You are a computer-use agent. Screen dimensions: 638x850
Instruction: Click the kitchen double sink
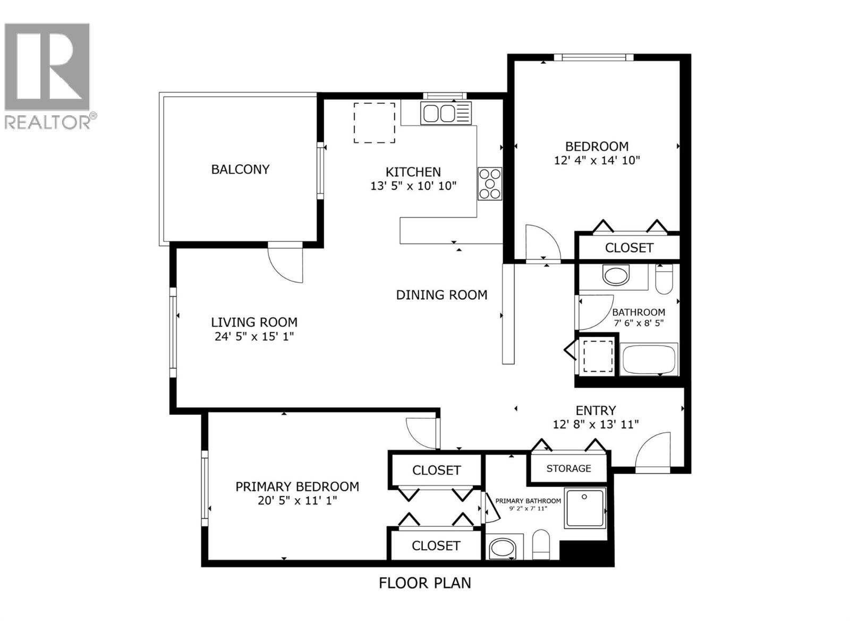click(x=439, y=113)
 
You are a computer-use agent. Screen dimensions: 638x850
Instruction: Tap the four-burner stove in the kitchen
click(x=490, y=183)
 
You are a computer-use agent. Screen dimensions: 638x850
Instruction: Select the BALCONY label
click(x=240, y=170)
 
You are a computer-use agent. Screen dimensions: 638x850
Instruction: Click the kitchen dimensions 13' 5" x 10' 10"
click(x=413, y=186)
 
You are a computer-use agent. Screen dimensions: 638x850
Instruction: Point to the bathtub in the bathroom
click(x=649, y=359)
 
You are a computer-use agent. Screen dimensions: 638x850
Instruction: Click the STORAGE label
click(x=568, y=468)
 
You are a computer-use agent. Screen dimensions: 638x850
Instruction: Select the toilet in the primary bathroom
click(x=541, y=545)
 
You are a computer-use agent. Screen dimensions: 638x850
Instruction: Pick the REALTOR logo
click(x=48, y=74)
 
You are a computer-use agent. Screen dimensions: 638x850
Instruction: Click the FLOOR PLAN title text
click(x=424, y=583)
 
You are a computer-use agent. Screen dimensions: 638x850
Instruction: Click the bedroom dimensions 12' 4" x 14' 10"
click(x=597, y=160)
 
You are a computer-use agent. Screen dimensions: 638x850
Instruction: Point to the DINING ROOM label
click(x=441, y=295)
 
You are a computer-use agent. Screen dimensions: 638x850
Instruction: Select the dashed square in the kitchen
click(x=375, y=123)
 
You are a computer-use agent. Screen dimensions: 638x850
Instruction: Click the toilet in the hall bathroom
click(x=664, y=279)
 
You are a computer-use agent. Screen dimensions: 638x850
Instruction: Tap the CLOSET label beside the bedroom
click(x=629, y=248)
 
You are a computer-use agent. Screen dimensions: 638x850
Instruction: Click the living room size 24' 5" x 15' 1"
click(x=254, y=337)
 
